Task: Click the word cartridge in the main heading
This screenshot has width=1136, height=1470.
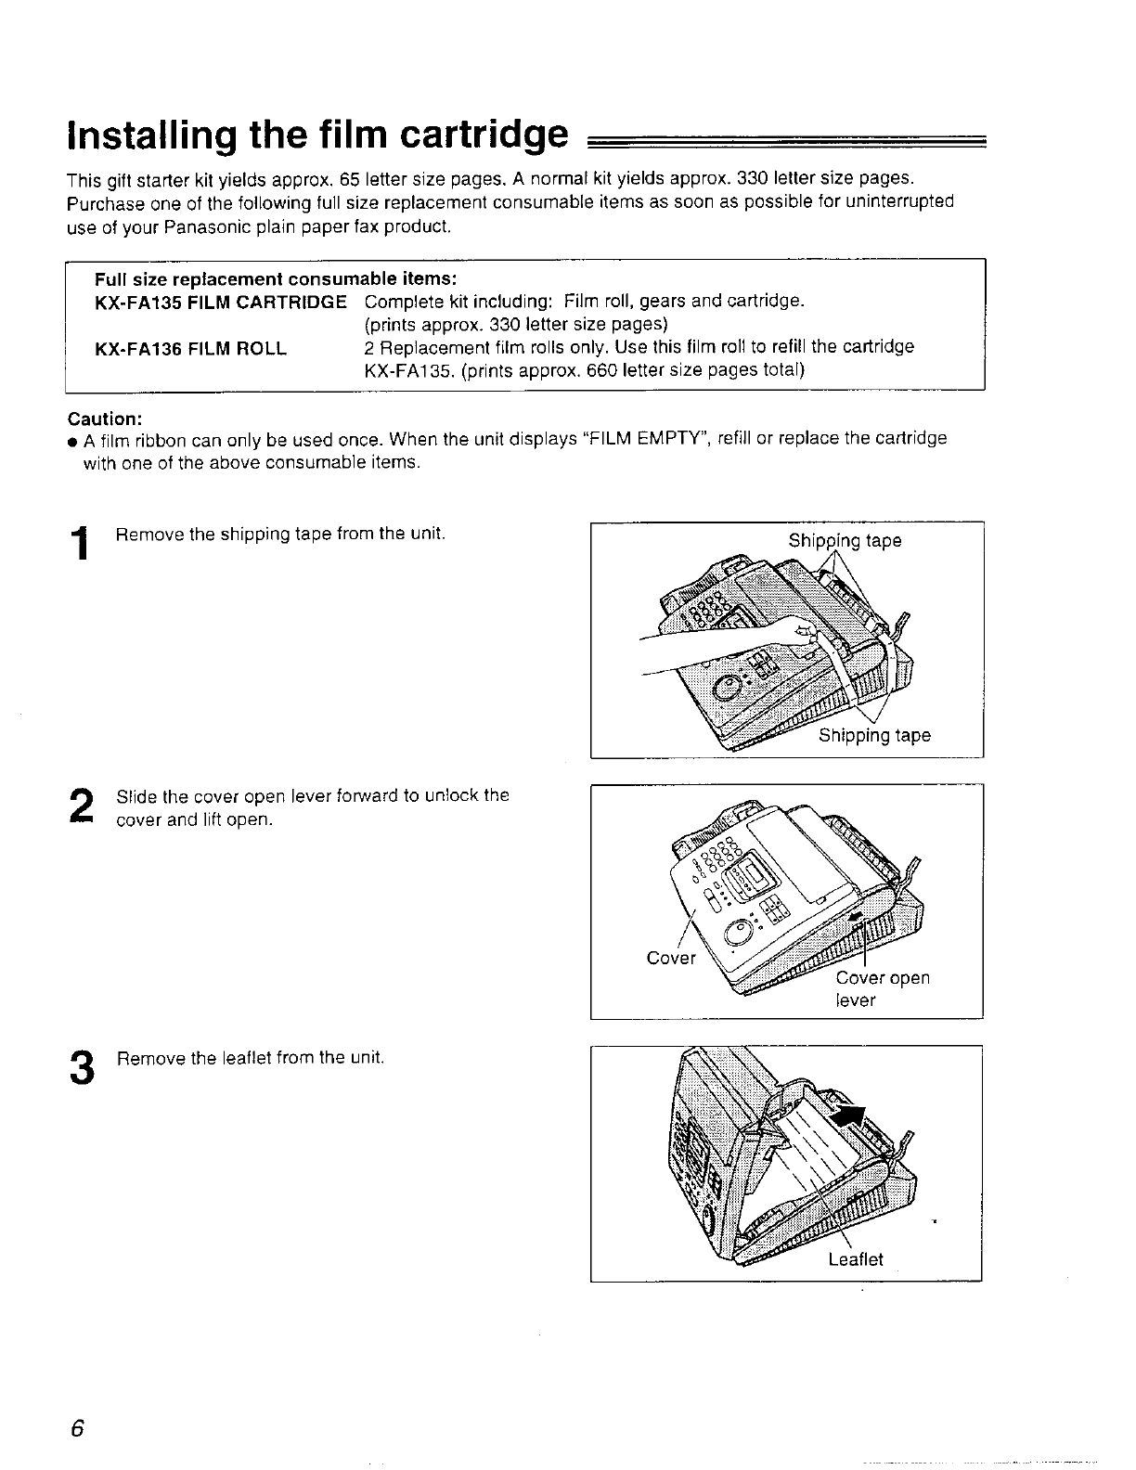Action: pyautogui.click(x=483, y=135)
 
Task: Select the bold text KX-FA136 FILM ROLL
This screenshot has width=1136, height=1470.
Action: pyautogui.click(x=190, y=348)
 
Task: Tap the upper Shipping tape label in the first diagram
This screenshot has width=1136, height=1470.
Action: pyautogui.click(x=845, y=541)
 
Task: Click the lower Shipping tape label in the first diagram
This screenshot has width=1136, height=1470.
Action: pyautogui.click(x=873, y=736)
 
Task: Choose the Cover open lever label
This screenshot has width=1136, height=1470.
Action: pyautogui.click(x=882, y=988)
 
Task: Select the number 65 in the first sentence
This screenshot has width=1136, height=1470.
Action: pyautogui.click(x=349, y=178)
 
